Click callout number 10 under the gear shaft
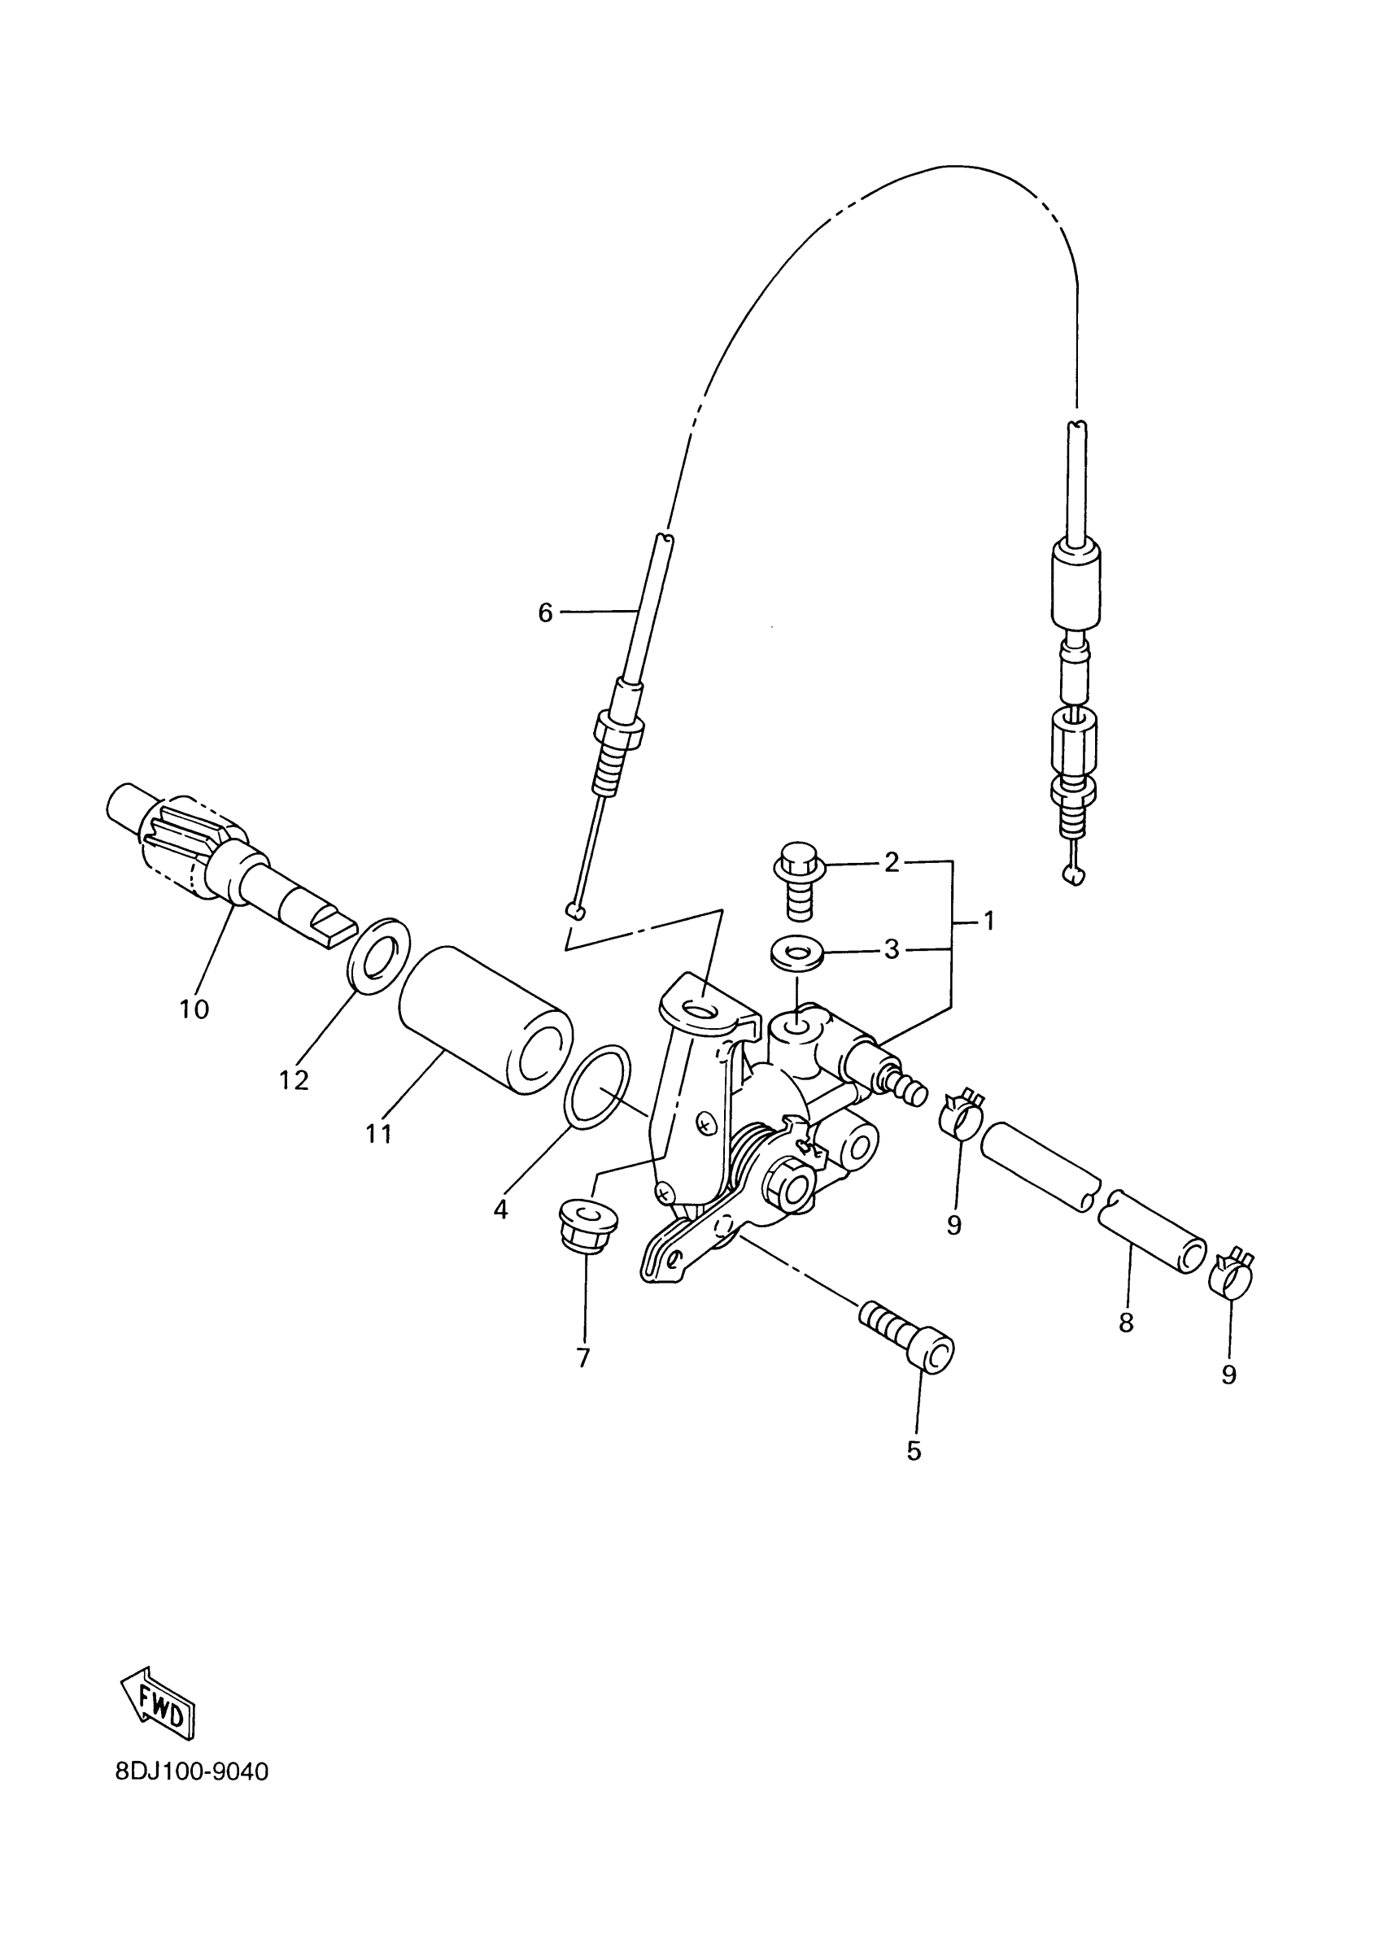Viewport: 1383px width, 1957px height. pyautogui.click(x=194, y=1009)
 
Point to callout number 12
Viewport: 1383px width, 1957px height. pyautogui.click(x=294, y=1080)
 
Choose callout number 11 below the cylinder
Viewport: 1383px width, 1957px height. pyautogui.click(x=378, y=1134)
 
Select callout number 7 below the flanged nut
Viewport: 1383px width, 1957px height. pyautogui.click(x=583, y=1357)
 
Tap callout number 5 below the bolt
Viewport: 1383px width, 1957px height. pyautogui.click(x=914, y=1451)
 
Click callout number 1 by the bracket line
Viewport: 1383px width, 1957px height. pyautogui.click(x=988, y=922)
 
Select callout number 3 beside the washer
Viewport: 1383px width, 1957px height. pyautogui.click(x=891, y=949)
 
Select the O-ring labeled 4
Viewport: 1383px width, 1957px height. pyautogui.click(x=599, y=1086)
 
